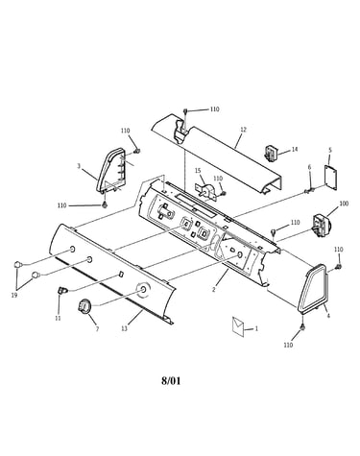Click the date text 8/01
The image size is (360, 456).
(x=171, y=381)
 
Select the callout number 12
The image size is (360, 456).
(x=244, y=130)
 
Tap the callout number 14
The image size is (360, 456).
(x=295, y=149)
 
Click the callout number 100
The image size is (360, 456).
(x=344, y=204)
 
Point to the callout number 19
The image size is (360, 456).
(x=14, y=295)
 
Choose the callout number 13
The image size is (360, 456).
(x=124, y=328)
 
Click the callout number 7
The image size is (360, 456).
(x=97, y=328)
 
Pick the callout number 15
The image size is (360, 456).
(x=198, y=171)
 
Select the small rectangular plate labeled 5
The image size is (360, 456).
(x=331, y=178)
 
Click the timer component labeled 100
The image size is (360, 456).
(x=321, y=226)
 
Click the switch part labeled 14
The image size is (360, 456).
(x=271, y=152)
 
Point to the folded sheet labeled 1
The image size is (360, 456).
(x=238, y=326)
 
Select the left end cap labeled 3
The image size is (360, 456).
(x=112, y=171)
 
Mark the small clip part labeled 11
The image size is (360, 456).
(x=62, y=290)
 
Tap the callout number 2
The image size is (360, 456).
(x=214, y=289)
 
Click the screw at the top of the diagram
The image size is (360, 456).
(x=185, y=110)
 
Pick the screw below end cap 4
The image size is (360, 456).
(x=302, y=326)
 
